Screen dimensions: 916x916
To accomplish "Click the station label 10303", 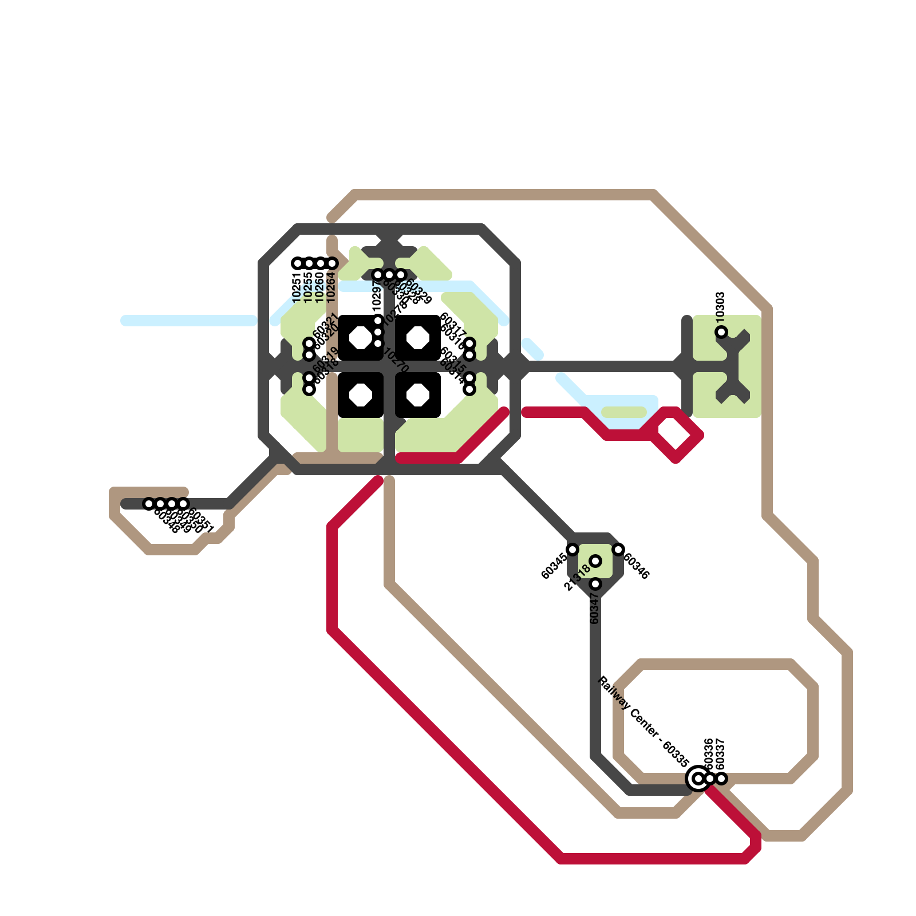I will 721,305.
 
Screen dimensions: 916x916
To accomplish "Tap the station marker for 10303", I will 721,332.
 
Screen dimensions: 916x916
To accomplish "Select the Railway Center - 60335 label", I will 642,721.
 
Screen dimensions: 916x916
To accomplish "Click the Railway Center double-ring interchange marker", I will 698,779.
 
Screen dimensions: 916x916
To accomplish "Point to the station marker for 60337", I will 721,779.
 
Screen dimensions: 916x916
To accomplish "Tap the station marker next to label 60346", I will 618,550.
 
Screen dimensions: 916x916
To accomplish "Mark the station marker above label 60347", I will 595,584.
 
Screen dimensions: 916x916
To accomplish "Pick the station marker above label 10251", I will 298,263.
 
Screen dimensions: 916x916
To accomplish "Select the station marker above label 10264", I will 332,263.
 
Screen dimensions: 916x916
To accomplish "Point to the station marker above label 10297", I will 378,275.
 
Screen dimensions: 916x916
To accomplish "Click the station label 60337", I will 721,754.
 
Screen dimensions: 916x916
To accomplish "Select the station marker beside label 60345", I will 572,550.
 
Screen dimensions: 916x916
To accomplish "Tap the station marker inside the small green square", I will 595,561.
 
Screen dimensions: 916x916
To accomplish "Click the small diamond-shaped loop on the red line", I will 676,435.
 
